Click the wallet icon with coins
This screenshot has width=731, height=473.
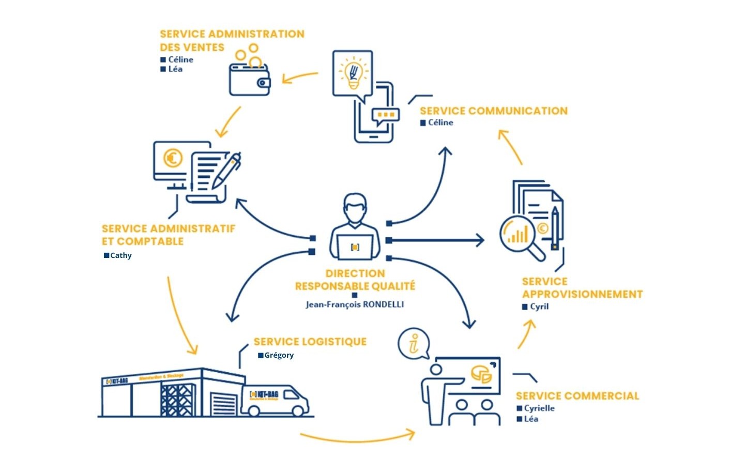click(250, 79)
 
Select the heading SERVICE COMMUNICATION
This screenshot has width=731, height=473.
click(493, 111)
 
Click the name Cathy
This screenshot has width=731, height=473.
click(121, 255)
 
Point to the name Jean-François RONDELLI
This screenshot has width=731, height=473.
click(355, 304)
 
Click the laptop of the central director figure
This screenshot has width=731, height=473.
click(355, 247)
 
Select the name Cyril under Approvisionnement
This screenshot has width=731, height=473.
click(539, 307)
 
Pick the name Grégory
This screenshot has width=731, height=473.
click(279, 355)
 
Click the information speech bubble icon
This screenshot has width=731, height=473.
click(414, 343)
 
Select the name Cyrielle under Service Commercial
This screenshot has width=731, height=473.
click(539, 408)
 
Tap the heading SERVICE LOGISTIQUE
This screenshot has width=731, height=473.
click(310, 342)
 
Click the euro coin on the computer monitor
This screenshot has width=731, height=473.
click(173, 158)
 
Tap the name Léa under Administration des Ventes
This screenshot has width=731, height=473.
click(175, 69)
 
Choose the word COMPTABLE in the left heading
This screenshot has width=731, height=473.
click(150, 241)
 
